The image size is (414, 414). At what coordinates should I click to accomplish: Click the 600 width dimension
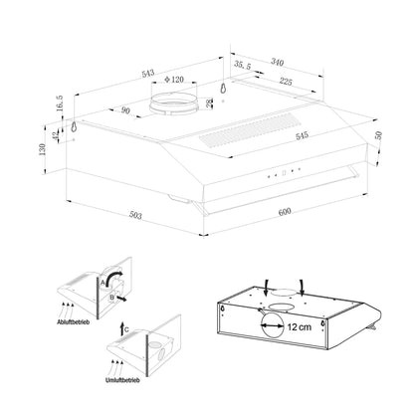tap(284, 213)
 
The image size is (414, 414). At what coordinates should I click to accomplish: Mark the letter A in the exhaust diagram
tap(102, 282)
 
